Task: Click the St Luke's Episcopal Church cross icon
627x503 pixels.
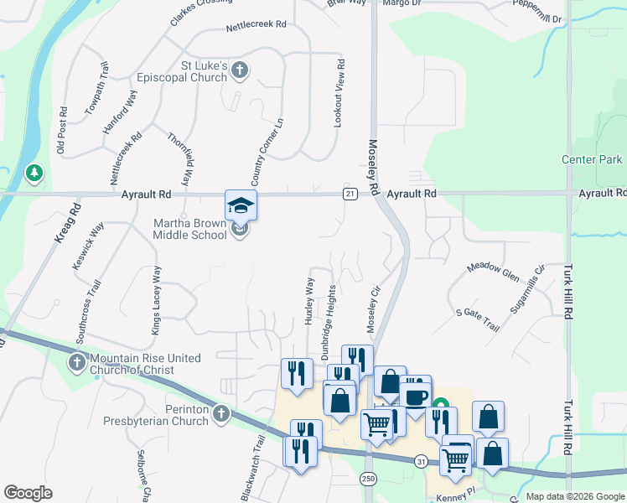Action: click(x=240, y=70)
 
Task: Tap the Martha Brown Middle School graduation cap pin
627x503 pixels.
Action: click(x=241, y=205)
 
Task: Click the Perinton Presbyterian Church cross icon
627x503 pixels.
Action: click(x=220, y=412)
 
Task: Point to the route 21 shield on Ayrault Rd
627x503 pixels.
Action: click(x=350, y=194)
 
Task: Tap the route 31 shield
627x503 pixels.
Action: click(x=421, y=461)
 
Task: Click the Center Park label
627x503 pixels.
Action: click(x=592, y=159)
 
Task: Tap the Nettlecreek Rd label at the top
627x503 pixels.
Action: click(x=256, y=28)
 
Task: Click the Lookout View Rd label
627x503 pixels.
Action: click(x=339, y=93)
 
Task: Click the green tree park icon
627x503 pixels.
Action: click(x=34, y=174)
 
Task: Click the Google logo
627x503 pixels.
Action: click(x=28, y=493)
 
